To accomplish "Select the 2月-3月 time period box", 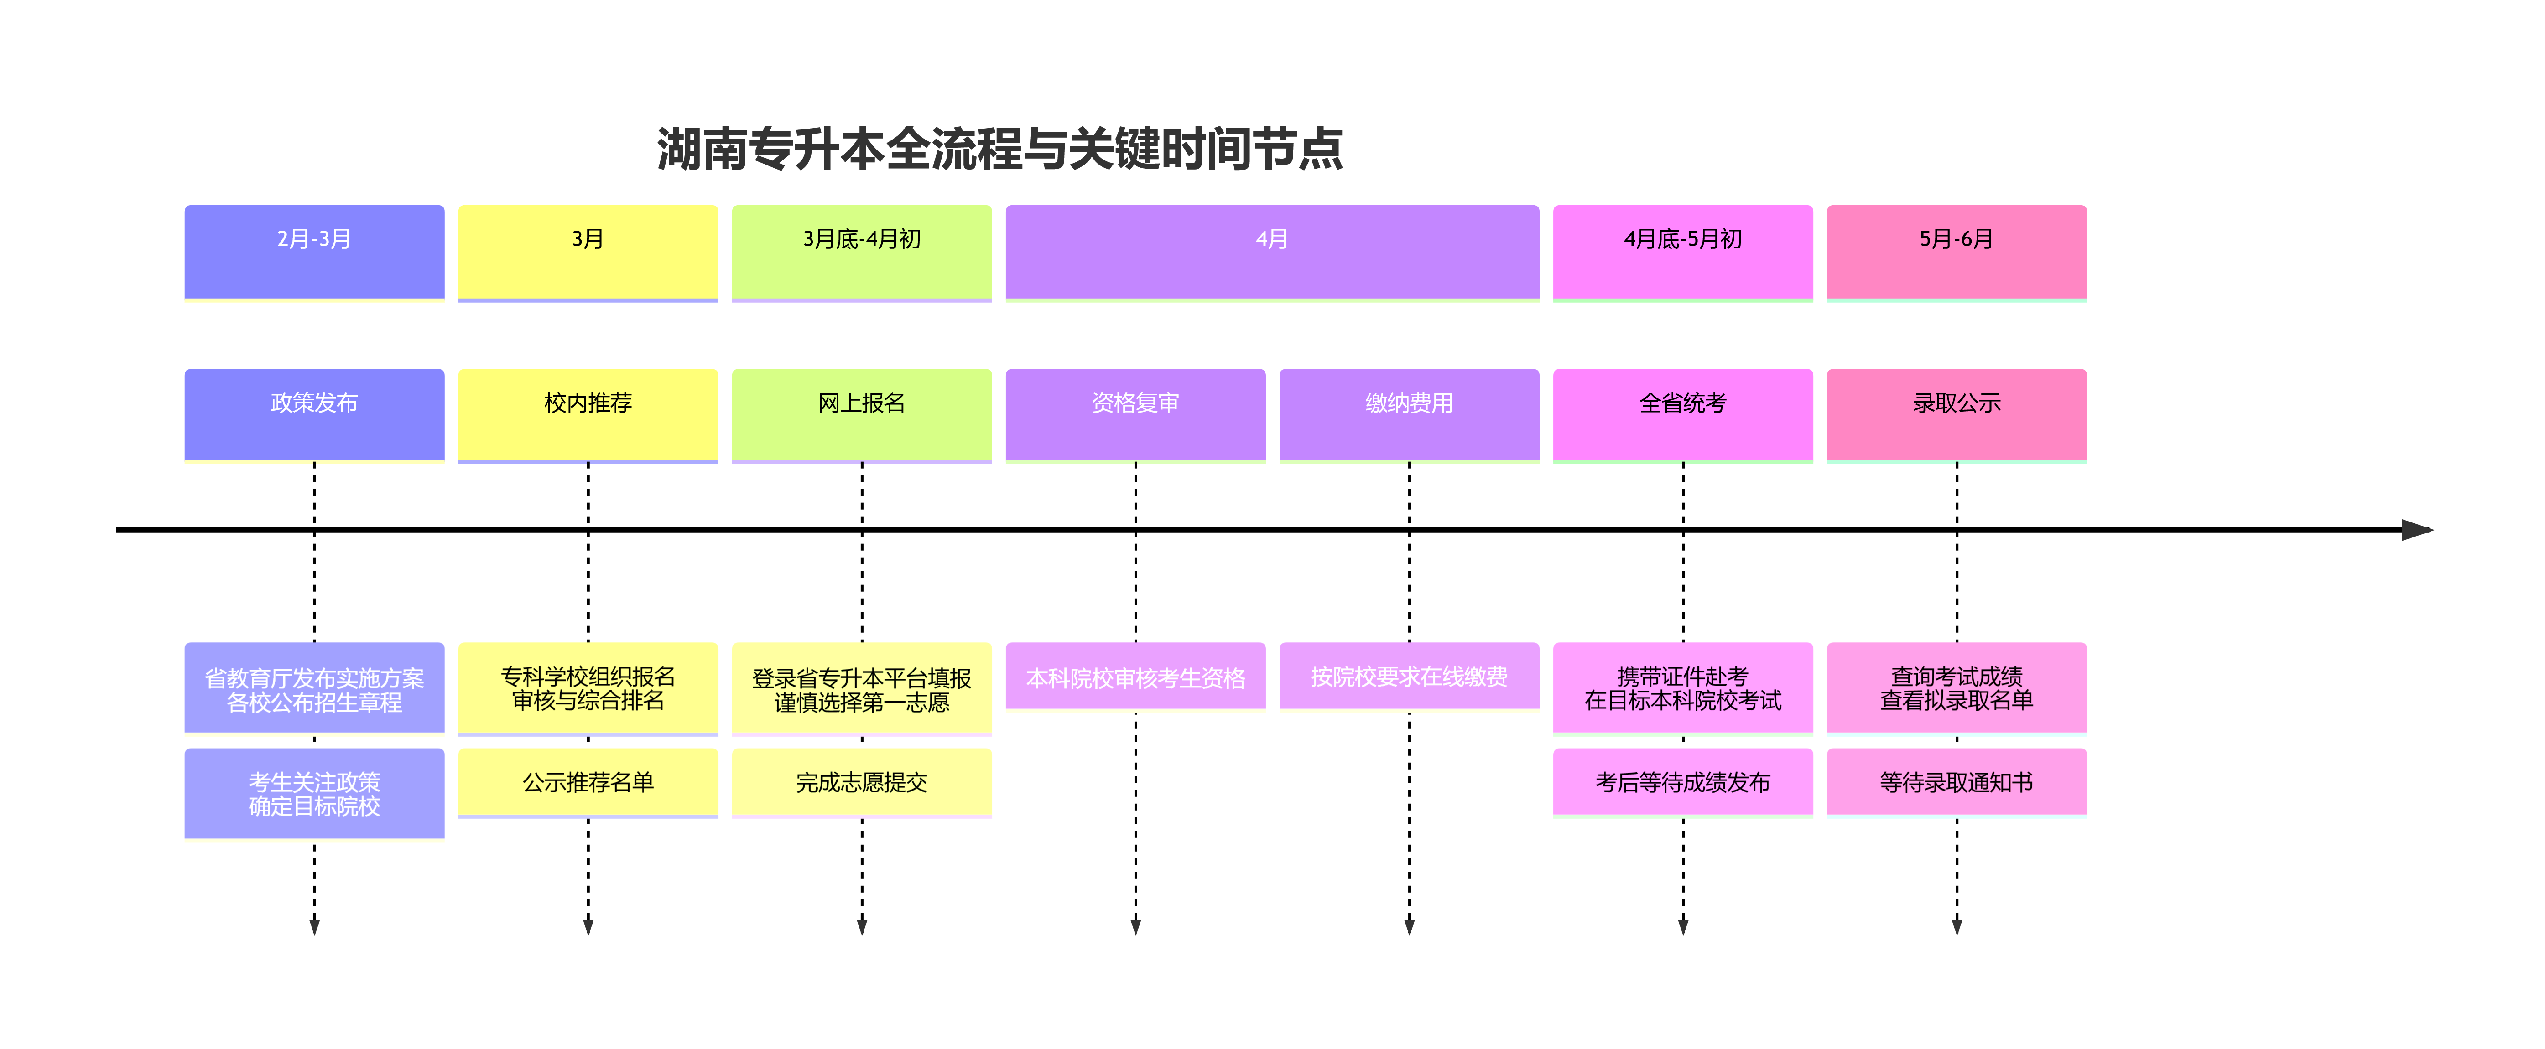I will [x=314, y=251].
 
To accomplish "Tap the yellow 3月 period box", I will [x=588, y=251].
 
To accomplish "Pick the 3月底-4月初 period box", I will [x=862, y=251].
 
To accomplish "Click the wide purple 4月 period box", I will [x=1271, y=251].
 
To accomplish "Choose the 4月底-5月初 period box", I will [x=1682, y=251].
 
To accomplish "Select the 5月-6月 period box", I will [x=1956, y=251].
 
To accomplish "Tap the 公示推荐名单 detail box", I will [x=588, y=782].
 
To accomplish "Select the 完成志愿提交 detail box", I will [x=862, y=782].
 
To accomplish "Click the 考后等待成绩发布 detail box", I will [x=1682, y=782].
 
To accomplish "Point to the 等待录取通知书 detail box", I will [x=1956, y=782].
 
